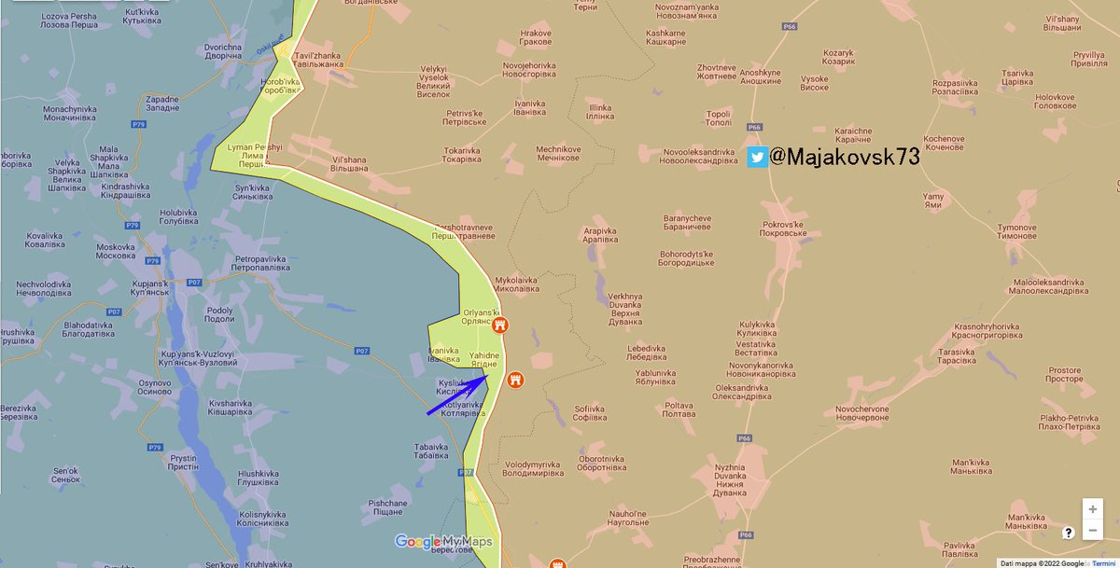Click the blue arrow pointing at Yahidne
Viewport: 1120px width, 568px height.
(457, 395)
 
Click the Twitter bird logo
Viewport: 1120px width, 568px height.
(757, 157)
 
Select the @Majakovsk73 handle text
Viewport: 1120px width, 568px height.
(845, 157)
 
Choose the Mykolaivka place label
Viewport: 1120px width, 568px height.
(516, 284)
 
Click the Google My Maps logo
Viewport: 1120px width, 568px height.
(442, 542)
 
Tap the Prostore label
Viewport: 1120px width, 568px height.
(1065, 375)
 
